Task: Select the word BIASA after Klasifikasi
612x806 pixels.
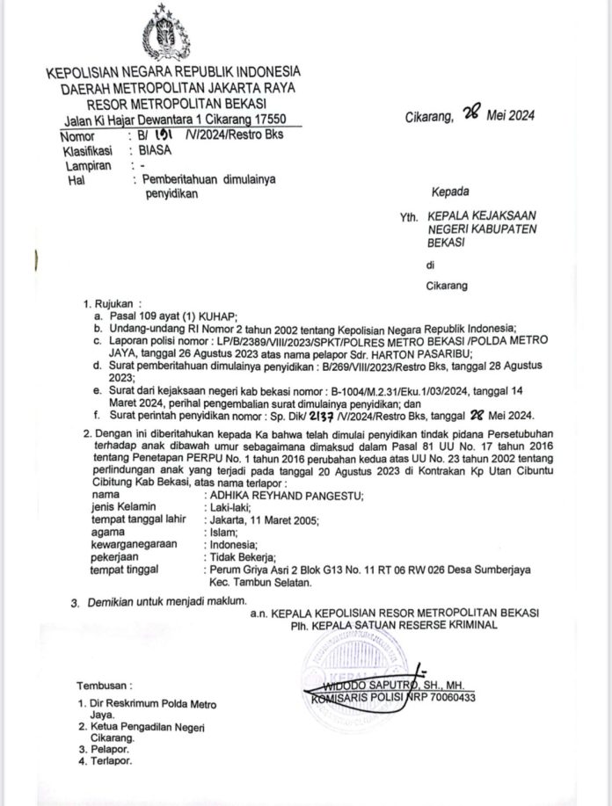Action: click(x=143, y=150)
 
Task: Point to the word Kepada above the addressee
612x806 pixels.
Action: click(x=449, y=192)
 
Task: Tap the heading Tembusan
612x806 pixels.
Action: click(x=104, y=683)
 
